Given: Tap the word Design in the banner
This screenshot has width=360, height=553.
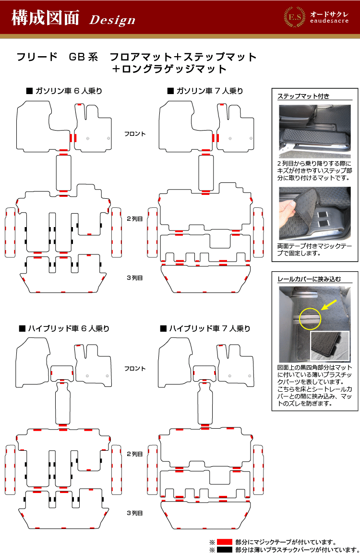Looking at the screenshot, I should [112, 20].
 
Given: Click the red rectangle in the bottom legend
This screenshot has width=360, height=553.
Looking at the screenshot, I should [224, 541].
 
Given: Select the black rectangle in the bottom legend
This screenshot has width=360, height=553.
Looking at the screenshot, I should [224, 549].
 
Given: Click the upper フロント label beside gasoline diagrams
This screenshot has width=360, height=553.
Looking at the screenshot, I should [134, 133].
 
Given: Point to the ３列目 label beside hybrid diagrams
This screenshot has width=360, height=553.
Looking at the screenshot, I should [134, 513].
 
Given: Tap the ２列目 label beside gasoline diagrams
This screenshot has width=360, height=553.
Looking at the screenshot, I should [134, 218].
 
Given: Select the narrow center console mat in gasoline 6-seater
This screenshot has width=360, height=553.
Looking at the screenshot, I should [63, 173].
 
